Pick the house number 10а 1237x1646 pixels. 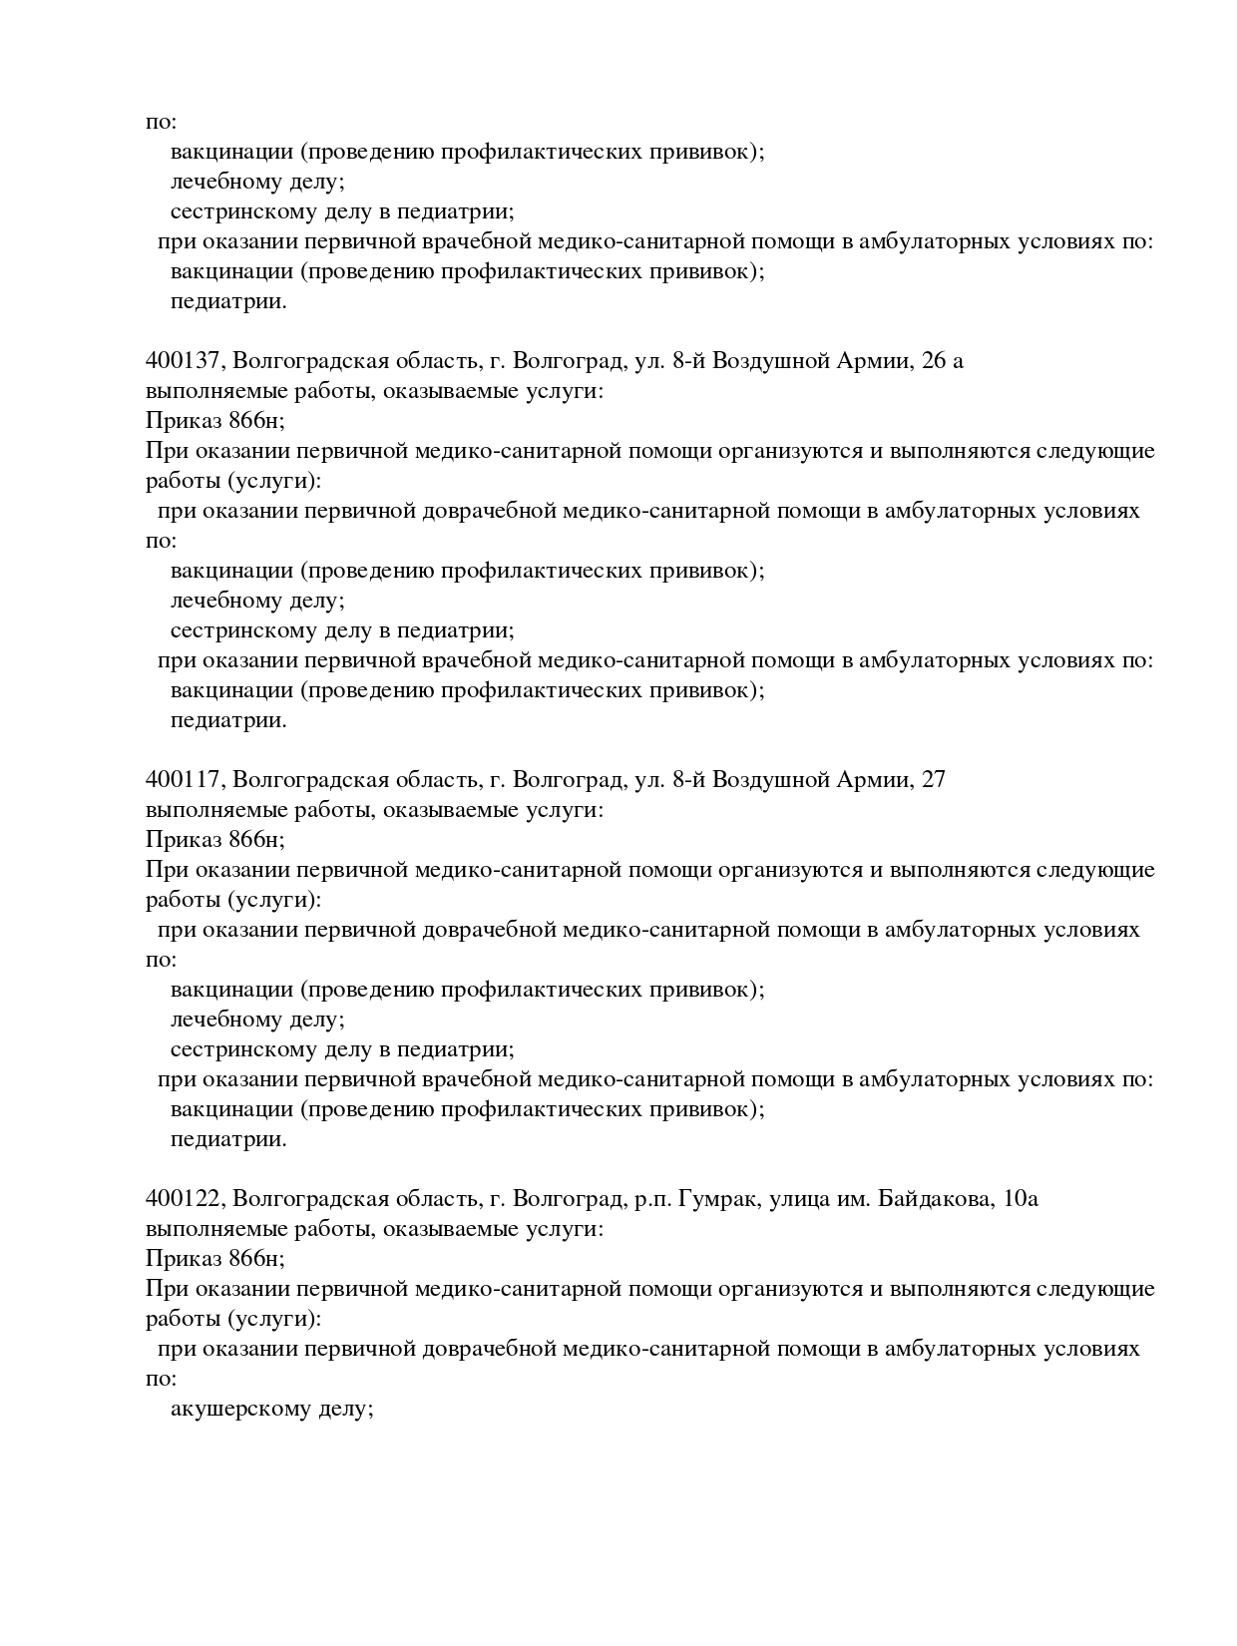point(1017,1199)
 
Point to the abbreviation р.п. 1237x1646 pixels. point(651,1199)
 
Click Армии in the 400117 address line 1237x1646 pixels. point(874,780)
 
